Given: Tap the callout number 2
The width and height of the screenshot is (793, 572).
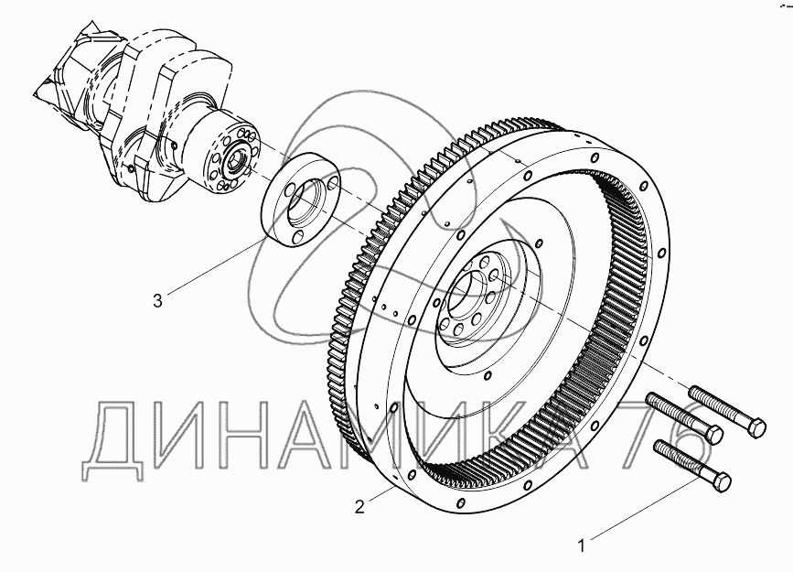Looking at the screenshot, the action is click(x=360, y=505).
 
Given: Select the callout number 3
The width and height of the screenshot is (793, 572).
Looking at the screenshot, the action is click(x=158, y=300).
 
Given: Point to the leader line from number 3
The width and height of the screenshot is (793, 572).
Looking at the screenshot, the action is click(x=209, y=271).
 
